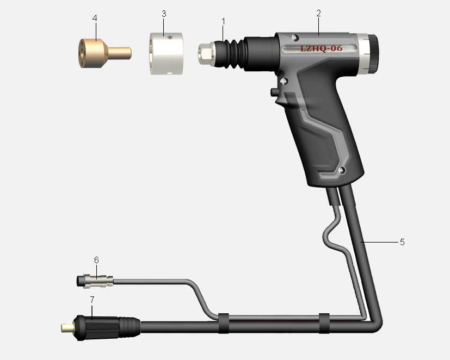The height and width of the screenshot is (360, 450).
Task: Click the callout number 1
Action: (223, 22)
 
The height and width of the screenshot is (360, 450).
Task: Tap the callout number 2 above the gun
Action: (318, 13)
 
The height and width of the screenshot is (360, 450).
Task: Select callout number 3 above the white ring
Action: (164, 14)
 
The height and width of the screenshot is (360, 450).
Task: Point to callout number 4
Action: (95, 18)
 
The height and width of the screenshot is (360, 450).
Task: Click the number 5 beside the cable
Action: (402, 242)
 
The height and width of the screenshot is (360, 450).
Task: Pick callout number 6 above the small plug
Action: (96, 260)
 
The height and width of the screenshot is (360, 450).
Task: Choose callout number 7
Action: (92, 300)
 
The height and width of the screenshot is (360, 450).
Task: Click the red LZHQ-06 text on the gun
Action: (321, 48)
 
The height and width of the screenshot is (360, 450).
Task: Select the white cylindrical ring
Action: (167, 53)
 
